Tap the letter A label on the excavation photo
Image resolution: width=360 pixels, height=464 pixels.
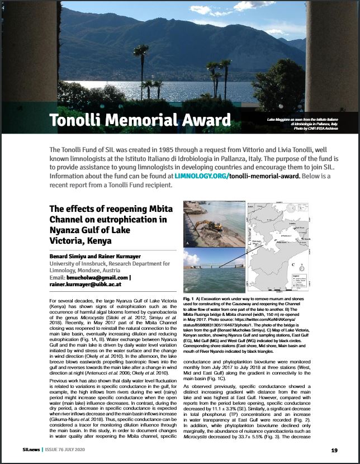tap(187, 244)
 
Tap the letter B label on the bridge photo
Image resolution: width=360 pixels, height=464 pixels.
tap(187, 289)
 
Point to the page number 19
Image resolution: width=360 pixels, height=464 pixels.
tap(334, 451)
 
